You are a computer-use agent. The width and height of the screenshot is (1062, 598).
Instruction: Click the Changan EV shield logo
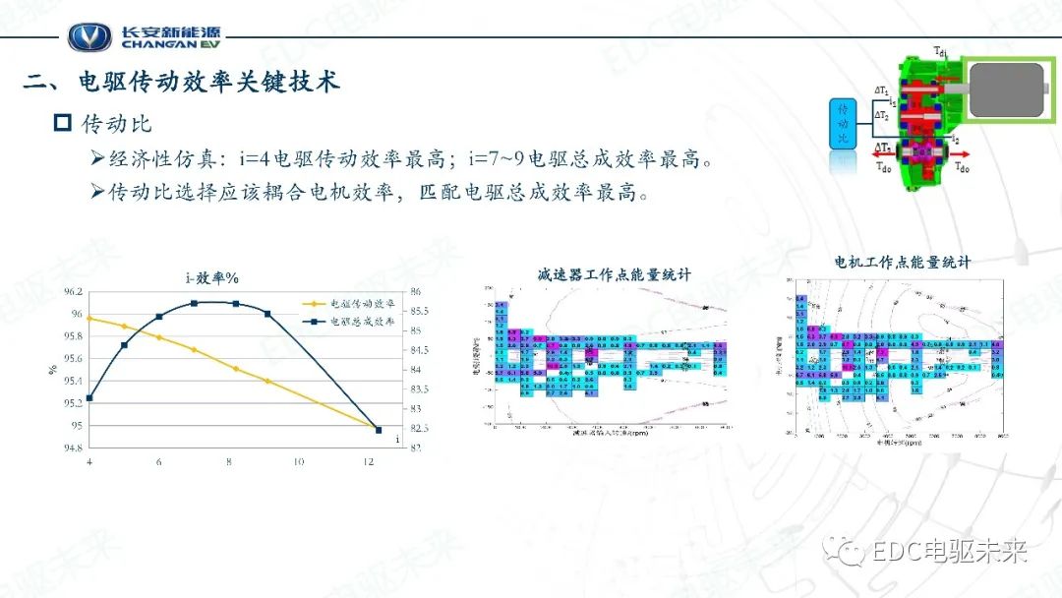(x=89, y=37)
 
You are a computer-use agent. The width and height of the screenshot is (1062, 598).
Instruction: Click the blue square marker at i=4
(x=89, y=398)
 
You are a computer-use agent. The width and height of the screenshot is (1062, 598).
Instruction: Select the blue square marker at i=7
(x=194, y=303)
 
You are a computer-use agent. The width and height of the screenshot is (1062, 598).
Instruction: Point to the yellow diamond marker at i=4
(x=89, y=318)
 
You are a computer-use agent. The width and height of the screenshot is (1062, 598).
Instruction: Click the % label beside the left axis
(x=52, y=370)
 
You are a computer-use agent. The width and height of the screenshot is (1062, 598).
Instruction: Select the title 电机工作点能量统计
(x=902, y=263)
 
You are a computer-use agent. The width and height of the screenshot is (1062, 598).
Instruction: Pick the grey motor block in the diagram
(x=1011, y=87)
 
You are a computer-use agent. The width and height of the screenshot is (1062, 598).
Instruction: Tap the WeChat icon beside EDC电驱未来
(x=847, y=551)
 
